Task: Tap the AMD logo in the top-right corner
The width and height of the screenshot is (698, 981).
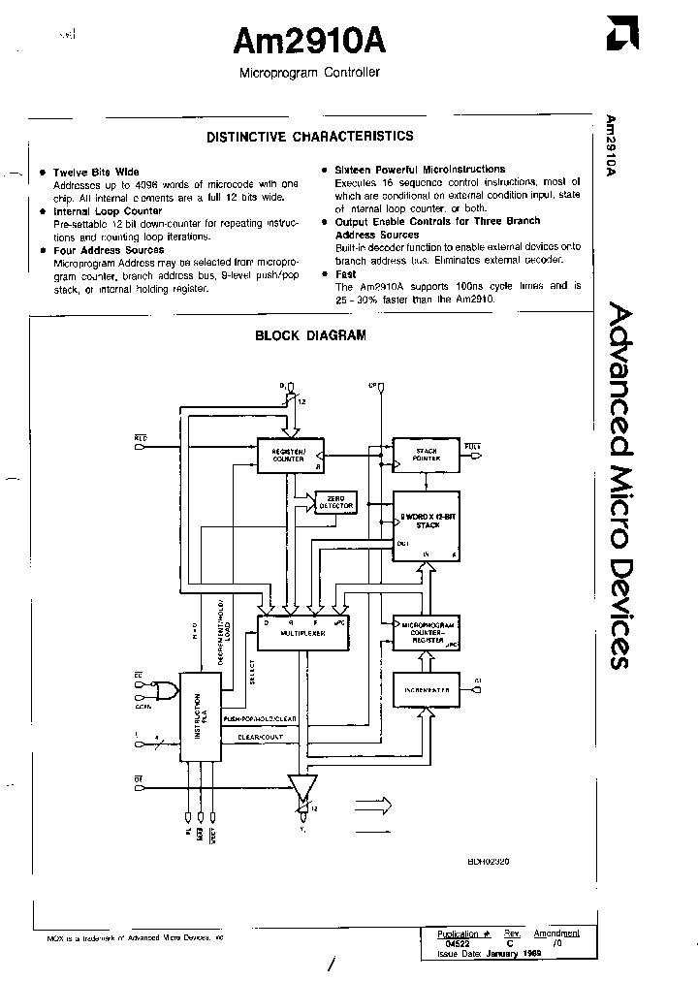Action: [619, 35]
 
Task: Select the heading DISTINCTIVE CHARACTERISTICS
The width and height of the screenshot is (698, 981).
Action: [309, 137]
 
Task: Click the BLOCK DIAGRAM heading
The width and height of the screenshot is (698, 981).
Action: [310, 336]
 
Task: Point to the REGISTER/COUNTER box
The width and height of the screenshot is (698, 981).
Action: [289, 455]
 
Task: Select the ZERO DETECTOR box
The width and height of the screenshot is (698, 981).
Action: [335, 502]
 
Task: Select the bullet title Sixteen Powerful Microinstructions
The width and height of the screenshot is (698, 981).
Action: [420, 169]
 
